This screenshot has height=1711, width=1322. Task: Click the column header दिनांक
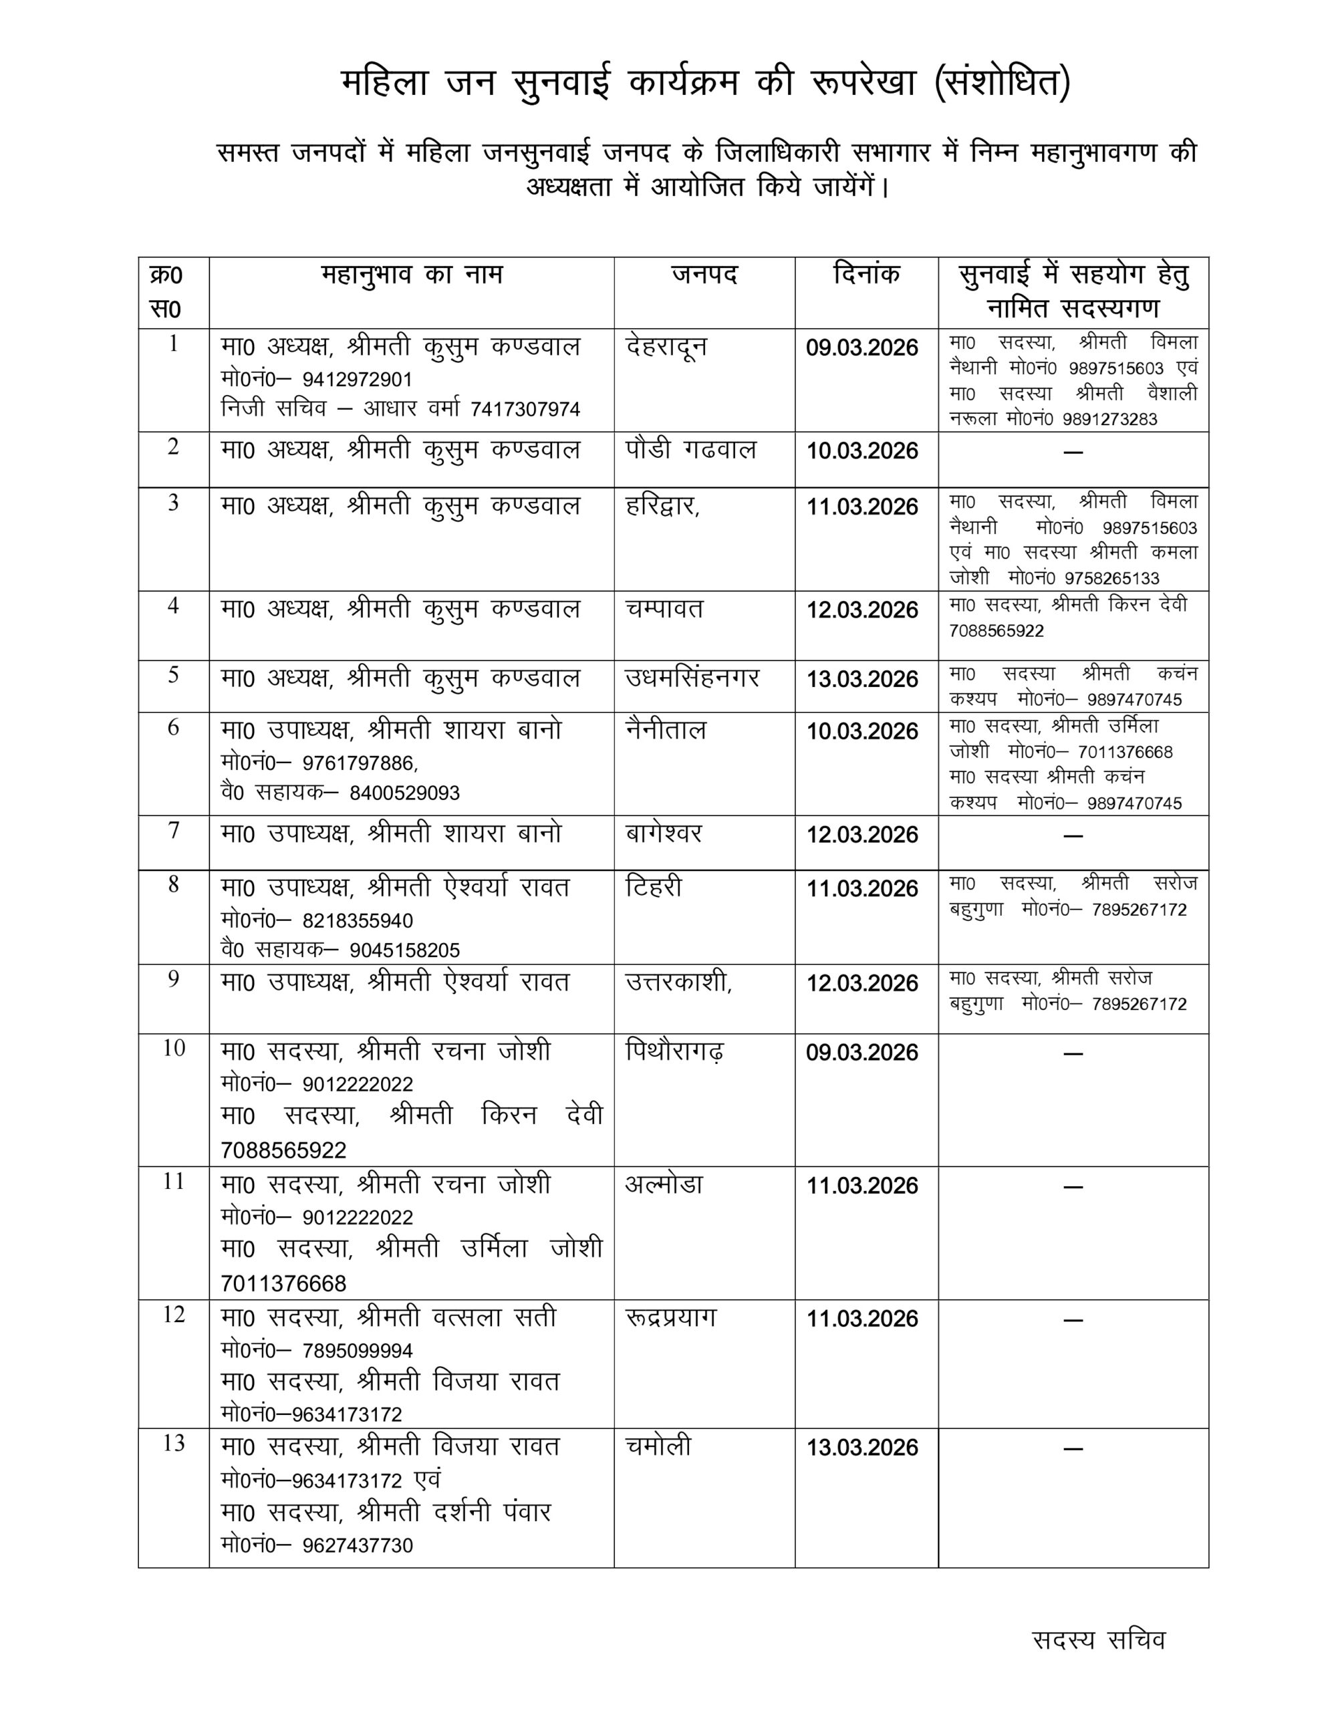(866, 275)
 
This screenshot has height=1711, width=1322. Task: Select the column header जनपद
(704, 275)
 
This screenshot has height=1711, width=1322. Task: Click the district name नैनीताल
(665, 730)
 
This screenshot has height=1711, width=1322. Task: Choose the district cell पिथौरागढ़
(674, 1051)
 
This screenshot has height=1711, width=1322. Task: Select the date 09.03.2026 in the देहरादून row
(862, 347)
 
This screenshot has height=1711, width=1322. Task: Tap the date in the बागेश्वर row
(862, 834)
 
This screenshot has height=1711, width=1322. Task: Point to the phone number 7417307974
(525, 409)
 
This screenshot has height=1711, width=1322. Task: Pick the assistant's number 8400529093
(404, 793)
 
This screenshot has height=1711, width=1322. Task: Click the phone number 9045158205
(404, 950)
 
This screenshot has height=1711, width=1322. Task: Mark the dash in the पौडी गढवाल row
(1073, 452)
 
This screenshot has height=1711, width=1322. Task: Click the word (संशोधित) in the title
(1003, 83)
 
